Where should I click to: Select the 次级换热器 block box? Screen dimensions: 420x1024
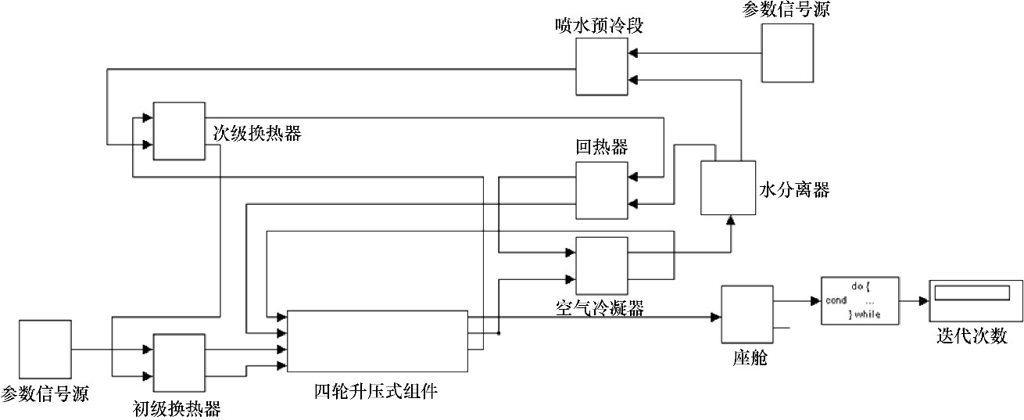tap(179, 131)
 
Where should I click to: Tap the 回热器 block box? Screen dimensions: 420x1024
tap(601, 191)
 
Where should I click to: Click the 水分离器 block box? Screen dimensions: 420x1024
tap(726, 188)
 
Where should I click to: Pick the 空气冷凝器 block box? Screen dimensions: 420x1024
tap(601, 265)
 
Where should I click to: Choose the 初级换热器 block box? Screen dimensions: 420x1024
tap(179, 364)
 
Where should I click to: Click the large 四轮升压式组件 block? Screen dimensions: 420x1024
tap(378, 341)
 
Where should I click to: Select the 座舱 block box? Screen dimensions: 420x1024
tap(746, 317)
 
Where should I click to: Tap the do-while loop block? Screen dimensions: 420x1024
tap(858, 301)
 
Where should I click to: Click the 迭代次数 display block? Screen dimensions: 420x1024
tap(975, 300)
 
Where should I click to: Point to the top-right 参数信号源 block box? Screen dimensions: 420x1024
tap(788, 53)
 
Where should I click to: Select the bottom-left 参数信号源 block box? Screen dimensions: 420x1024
tap(44, 351)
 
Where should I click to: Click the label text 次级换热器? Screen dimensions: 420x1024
tap(257, 132)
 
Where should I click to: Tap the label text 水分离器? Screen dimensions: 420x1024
tap(793, 190)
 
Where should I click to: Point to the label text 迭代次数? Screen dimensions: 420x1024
tap(972, 336)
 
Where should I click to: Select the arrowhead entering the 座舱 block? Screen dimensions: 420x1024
tap(715, 317)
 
